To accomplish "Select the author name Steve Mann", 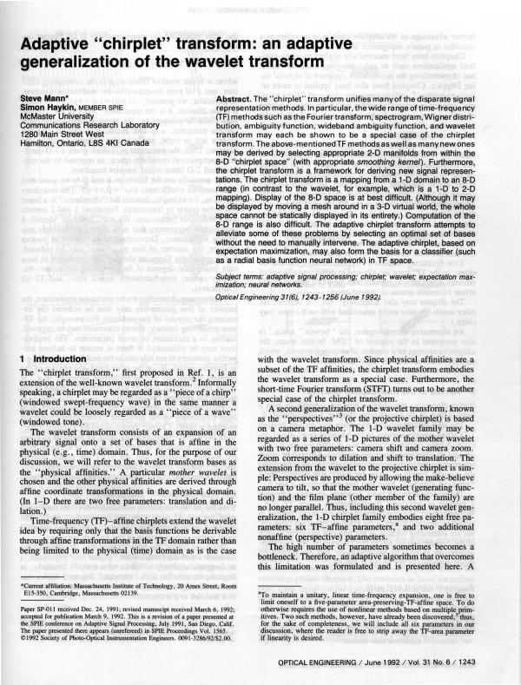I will tap(43, 100).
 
